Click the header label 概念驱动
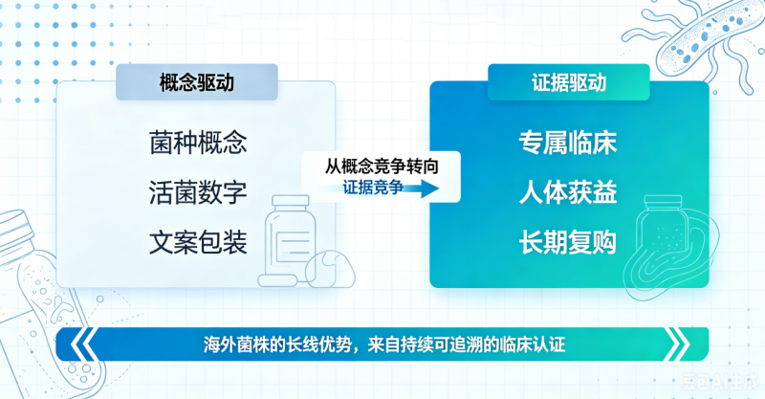(197, 82)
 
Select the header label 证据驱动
(569, 82)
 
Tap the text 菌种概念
(198, 143)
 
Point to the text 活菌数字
(198, 192)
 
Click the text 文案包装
(198, 242)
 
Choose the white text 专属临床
(568, 143)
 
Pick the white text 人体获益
(568, 192)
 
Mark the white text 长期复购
(568, 242)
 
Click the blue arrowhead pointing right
(429, 188)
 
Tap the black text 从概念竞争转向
(382, 166)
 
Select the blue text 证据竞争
(373, 187)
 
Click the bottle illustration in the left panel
(290, 238)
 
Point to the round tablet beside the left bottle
(330, 269)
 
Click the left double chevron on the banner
(83, 344)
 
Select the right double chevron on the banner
(678, 344)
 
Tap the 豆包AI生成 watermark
(720, 382)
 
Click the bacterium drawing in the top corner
(703, 39)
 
